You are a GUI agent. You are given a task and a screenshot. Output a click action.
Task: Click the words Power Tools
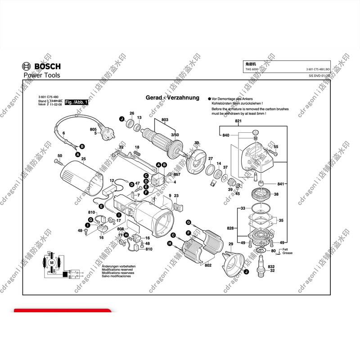41,75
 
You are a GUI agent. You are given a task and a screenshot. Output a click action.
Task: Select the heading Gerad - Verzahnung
172,98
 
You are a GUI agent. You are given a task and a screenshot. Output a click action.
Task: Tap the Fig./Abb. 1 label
77,103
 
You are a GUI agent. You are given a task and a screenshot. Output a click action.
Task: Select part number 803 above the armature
164,120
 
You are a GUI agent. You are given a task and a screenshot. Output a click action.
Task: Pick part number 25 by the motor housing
83,159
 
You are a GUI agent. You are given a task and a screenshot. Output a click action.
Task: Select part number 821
238,122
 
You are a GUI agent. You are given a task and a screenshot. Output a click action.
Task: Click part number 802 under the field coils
208,265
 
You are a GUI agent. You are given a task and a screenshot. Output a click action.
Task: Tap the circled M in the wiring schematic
51,262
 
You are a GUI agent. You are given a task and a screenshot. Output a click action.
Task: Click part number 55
276,147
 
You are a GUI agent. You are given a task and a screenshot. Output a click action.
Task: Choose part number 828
230,229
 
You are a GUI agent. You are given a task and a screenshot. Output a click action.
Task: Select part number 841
281,184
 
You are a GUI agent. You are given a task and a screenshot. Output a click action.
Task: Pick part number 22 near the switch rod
121,147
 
